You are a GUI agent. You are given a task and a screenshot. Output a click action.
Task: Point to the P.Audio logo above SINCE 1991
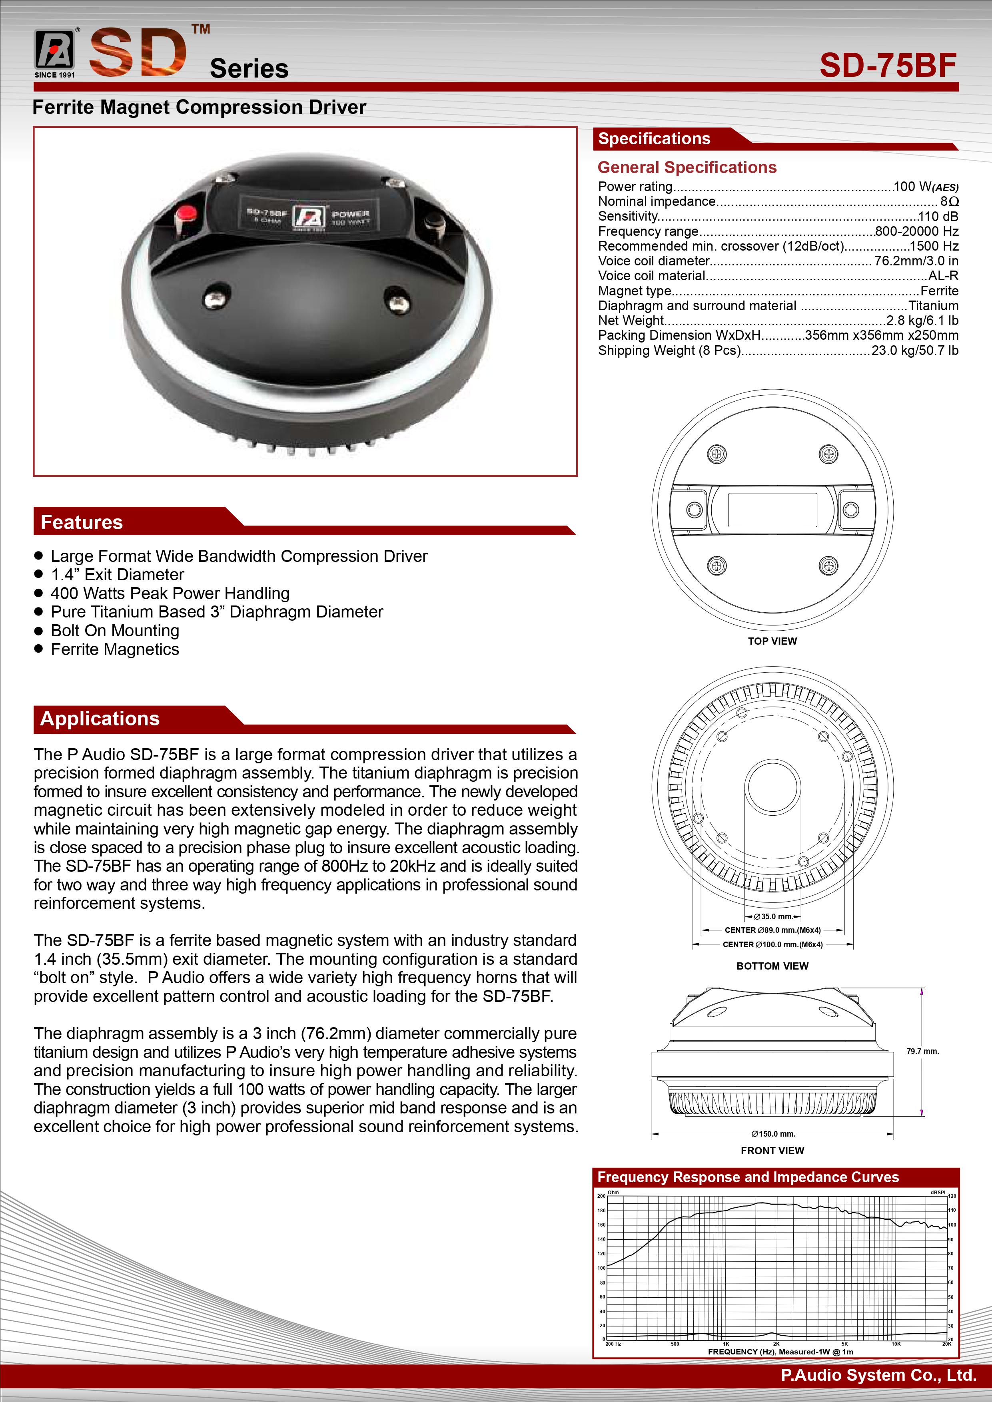click(54, 50)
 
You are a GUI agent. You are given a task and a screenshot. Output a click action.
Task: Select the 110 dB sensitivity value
click(938, 216)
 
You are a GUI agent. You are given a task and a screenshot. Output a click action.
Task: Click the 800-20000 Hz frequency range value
click(916, 231)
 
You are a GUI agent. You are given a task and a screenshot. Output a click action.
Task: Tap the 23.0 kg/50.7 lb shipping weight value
click(914, 350)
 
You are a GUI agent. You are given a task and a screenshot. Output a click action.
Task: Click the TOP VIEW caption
click(772, 641)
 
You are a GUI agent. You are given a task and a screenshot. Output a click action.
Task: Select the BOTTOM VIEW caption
click(772, 966)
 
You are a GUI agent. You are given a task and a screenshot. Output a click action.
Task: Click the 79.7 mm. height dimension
click(922, 1051)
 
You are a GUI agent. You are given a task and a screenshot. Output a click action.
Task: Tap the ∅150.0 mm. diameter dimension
click(773, 1134)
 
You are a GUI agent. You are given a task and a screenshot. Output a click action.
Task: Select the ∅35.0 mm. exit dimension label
click(773, 916)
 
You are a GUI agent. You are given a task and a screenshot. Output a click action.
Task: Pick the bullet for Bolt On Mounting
click(38, 630)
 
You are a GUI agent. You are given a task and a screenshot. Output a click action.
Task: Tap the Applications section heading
click(100, 719)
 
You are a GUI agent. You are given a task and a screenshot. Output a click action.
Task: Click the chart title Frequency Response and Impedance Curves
click(748, 1177)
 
